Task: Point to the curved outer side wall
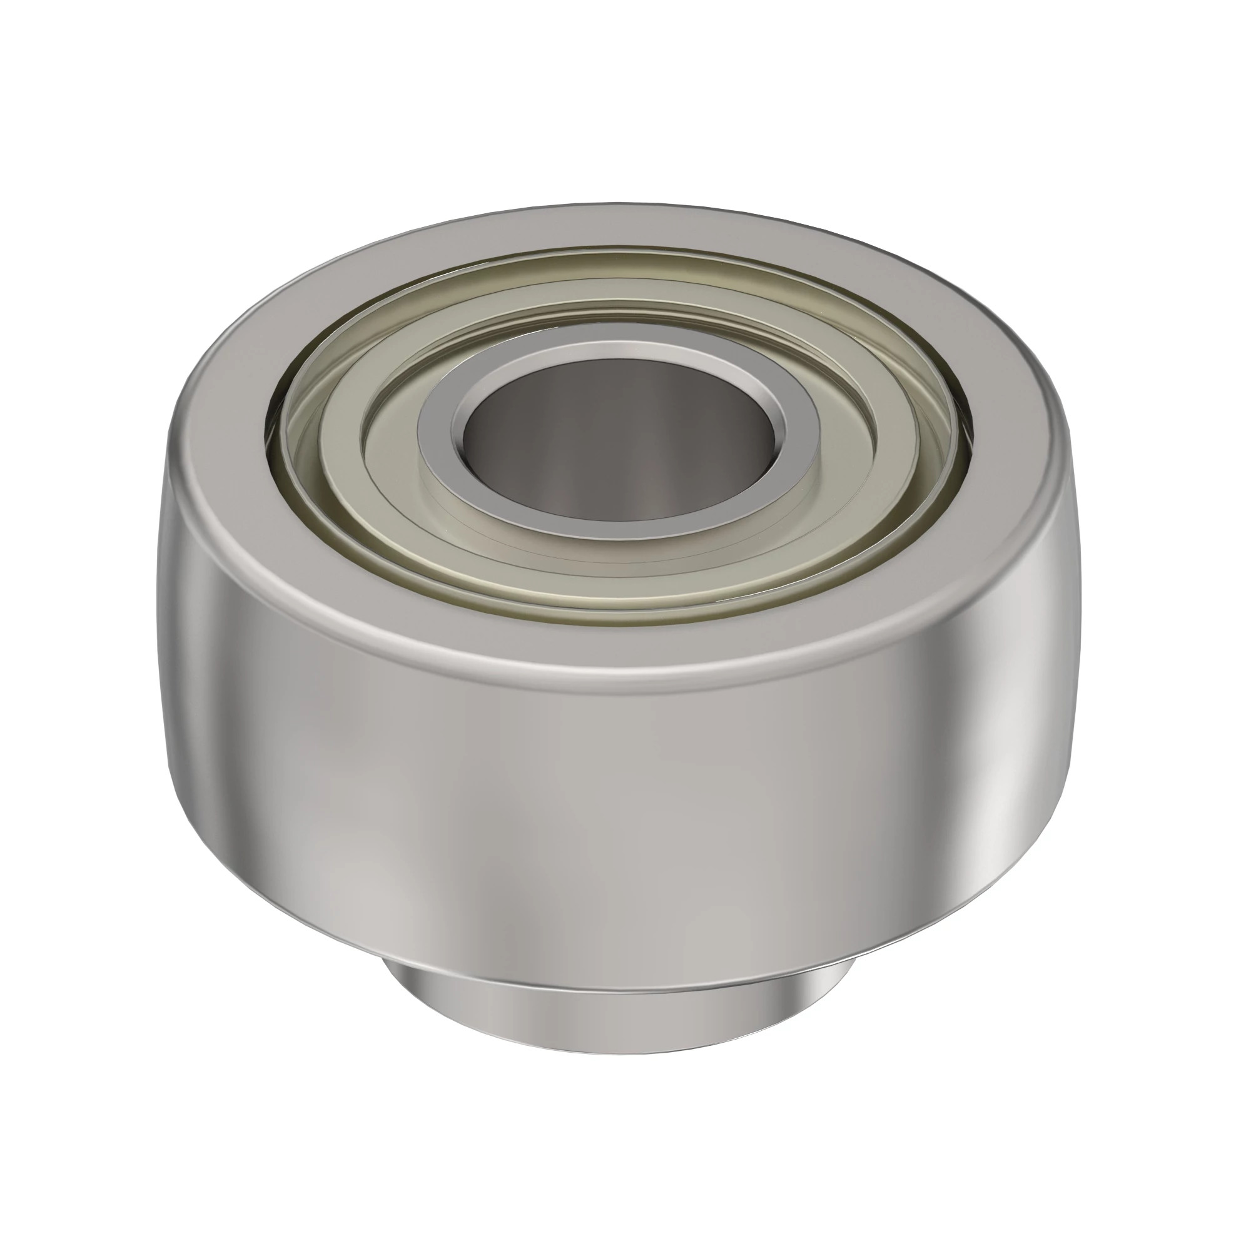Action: [518, 809]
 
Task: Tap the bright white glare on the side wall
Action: [1010, 777]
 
